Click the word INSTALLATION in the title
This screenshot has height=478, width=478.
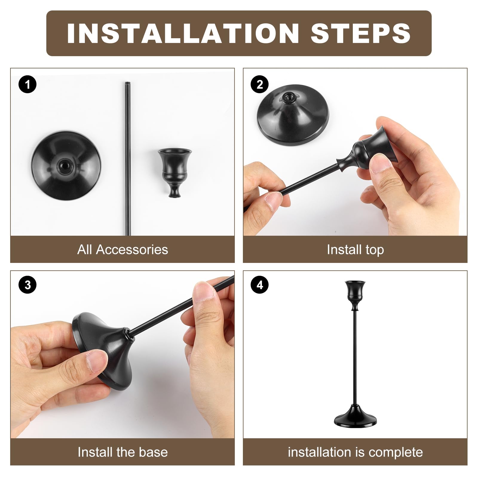(x=183, y=33)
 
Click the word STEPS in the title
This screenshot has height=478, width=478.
(x=361, y=33)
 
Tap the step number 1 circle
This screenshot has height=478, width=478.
(x=27, y=85)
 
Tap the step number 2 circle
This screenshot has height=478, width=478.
(x=260, y=85)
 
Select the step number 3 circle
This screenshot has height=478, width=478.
(x=27, y=285)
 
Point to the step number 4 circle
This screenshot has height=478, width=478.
(x=260, y=285)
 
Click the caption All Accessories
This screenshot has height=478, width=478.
(x=122, y=249)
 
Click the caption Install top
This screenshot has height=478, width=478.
(x=355, y=249)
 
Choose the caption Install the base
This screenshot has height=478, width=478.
(x=122, y=452)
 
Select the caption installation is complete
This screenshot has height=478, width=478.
(x=355, y=452)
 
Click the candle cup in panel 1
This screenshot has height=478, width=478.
(x=174, y=170)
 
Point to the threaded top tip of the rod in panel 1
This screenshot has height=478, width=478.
(x=127, y=83)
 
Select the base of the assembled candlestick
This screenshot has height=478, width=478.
(x=355, y=417)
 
